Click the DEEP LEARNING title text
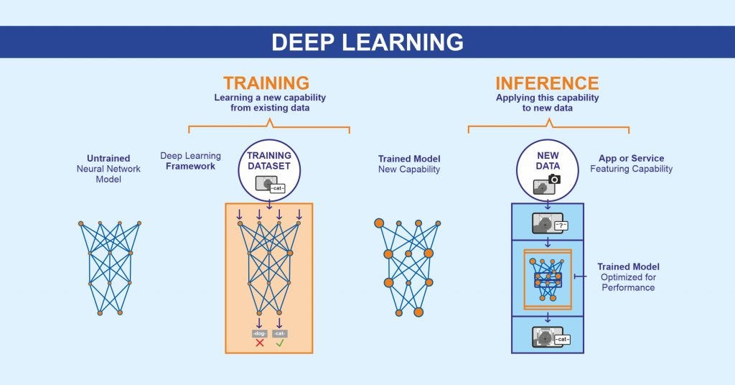coord(367,42)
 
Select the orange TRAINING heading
coord(266,83)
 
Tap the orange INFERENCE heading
coord(547,83)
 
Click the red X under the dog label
coord(260,343)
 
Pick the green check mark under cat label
coord(280,343)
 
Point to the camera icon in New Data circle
coord(554,179)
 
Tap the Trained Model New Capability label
coord(409,164)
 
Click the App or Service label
coord(631,158)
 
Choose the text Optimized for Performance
coord(629,282)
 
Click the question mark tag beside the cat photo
coord(561,226)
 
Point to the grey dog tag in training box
coord(259,333)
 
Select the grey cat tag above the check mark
coord(280,333)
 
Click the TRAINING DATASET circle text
coord(269,160)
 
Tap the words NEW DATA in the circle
coord(548,160)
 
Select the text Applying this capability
coord(547,98)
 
